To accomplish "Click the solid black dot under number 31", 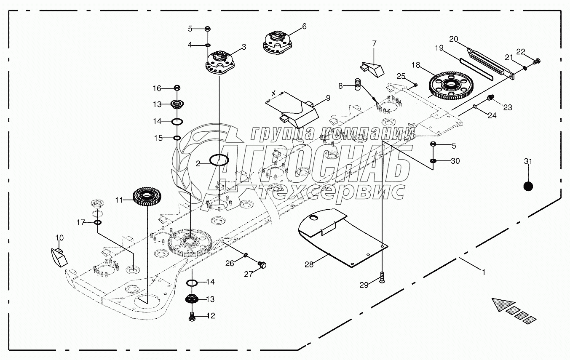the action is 528,186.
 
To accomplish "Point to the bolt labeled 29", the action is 382,277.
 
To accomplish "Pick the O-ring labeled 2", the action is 219,160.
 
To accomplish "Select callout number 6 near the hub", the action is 304,27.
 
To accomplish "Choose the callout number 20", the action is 453,39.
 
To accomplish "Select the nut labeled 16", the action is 177,88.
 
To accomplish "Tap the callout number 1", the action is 484,272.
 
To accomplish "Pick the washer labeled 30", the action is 434,161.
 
